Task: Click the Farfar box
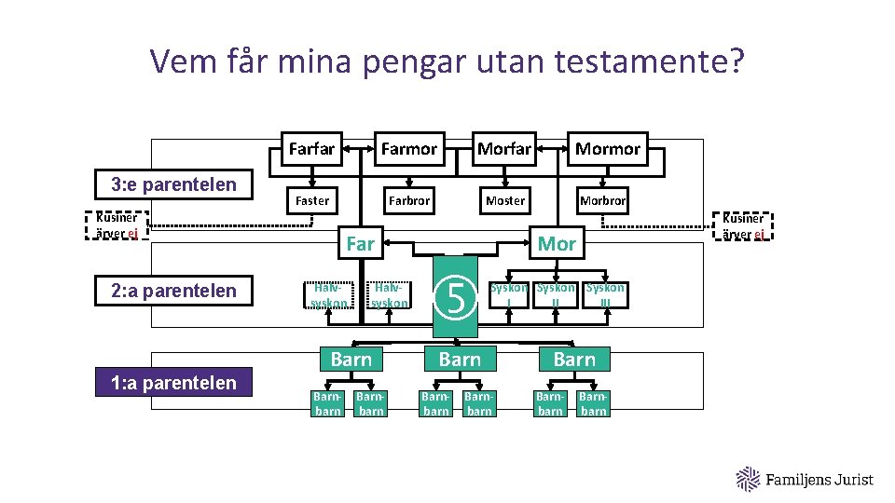pos(311,149)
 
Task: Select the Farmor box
pos(408,149)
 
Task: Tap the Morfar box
pos(503,149)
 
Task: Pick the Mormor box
pos(607,149)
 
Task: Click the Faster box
pos(311,200)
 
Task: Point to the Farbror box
pos(408,200)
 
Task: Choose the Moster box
pos(504,200)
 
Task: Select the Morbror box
pos(602,200)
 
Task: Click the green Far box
pos(360,244)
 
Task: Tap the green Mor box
pos(557,244)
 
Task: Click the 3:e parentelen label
pos(173,184)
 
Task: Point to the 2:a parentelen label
pos(173,291)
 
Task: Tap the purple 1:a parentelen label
pos(173,382)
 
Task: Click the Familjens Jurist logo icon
pos(749,479)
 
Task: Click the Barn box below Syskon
pos(574,360)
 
